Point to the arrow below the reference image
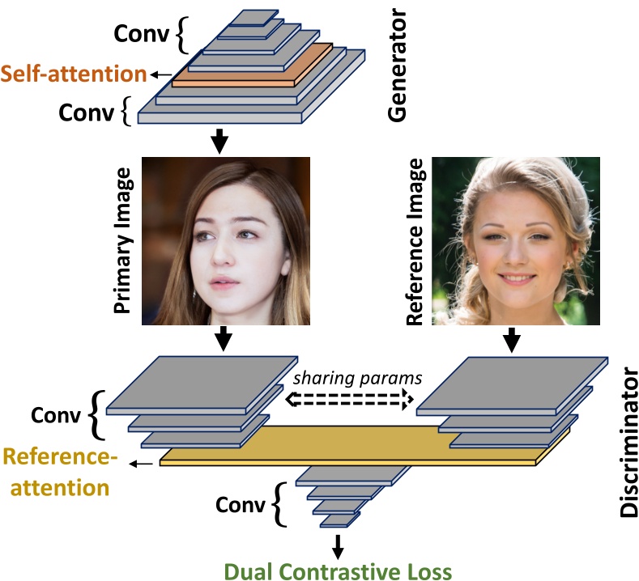[x=511, y=340]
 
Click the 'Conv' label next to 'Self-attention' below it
[x=88, y=112]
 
